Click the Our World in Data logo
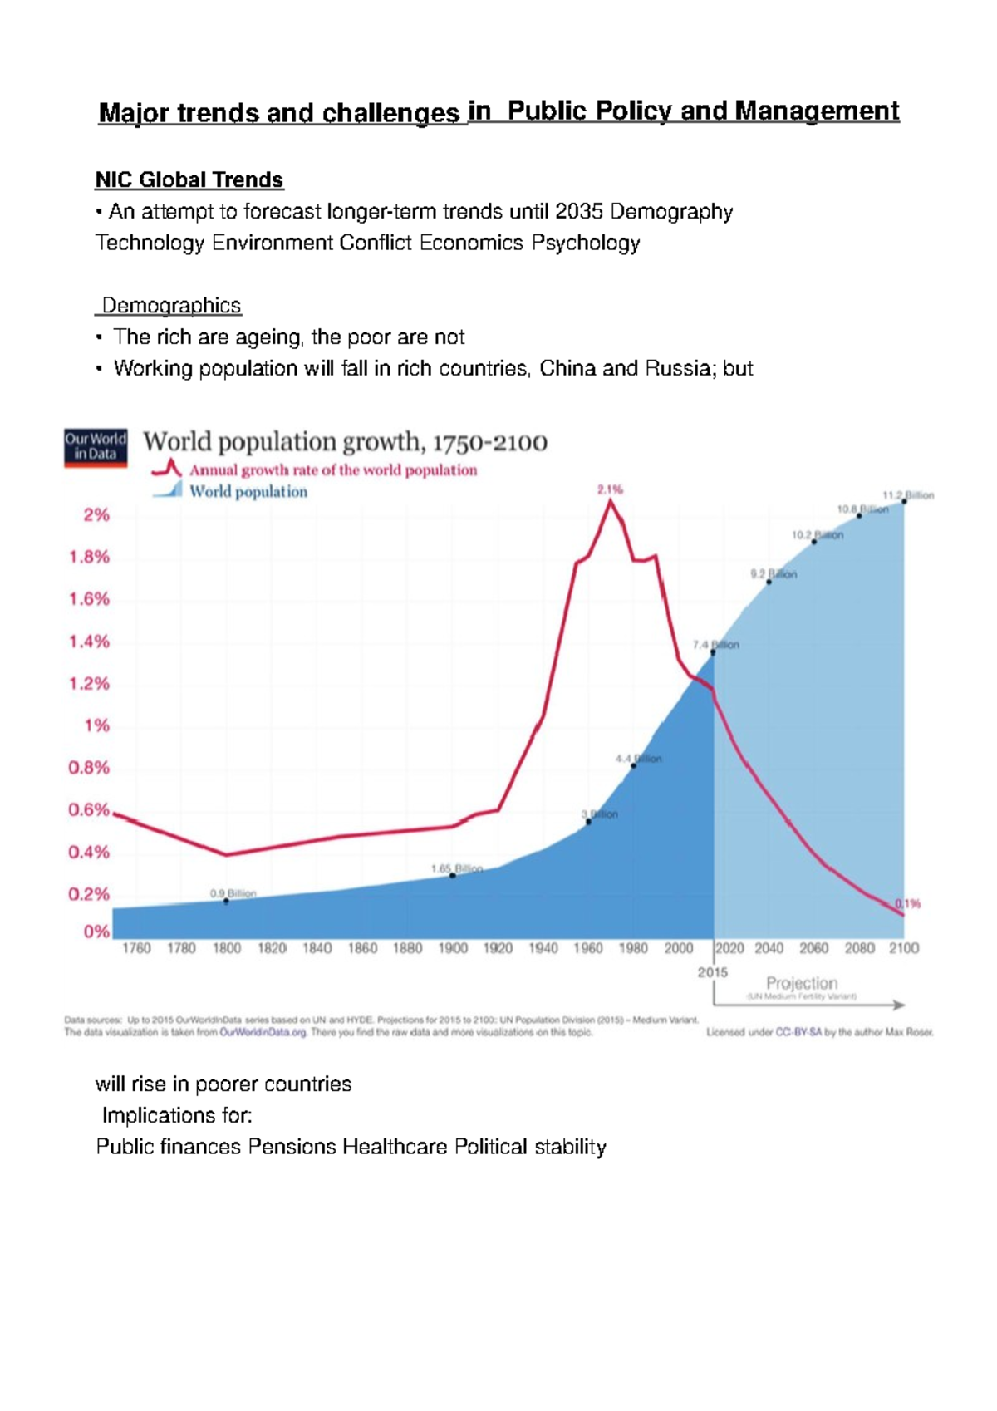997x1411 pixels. [96, 446]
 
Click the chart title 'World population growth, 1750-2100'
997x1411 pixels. [346, 442]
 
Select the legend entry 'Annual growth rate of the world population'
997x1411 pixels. [332, 470]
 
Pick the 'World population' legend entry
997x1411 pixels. [248, 492]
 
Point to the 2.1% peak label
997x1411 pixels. [610, 490]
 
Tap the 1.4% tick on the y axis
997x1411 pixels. [89, 642]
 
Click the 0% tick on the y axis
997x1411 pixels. [96, 932]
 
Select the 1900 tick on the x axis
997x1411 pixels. [453, 948]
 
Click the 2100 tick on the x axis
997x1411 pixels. [904, 948]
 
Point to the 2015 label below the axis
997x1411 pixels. [713, 972]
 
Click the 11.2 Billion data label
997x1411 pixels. [908, 495]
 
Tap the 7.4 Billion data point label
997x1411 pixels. [715, 645]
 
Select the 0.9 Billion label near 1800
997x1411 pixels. [233, 894]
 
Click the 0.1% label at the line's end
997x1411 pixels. [907, 904]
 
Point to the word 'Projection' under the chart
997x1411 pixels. [801, 983]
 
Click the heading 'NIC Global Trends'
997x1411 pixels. [189, 179]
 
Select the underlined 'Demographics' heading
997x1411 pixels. [171, 306]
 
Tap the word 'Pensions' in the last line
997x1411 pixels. [292, 1147]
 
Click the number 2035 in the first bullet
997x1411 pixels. [579, 211]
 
